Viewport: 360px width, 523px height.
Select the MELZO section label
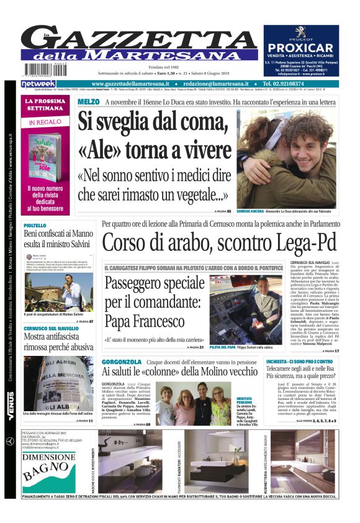click(89, 101)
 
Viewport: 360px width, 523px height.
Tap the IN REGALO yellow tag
click(44, 123)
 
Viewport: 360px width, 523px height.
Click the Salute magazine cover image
click(45, 150)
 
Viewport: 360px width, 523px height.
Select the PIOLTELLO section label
click(35, 225)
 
